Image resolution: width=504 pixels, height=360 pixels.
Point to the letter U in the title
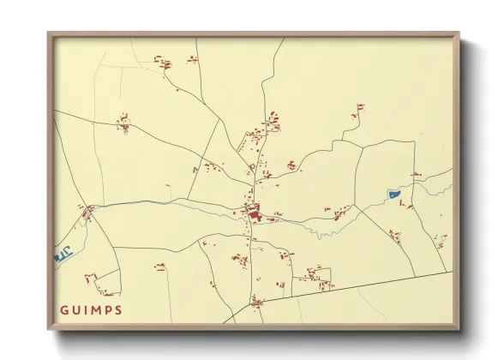(x=75, y=310)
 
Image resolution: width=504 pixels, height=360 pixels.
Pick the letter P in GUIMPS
(x=106, y=310)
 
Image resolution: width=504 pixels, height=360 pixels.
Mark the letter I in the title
(x=84, y=310)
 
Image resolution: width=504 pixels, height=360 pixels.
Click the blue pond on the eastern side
(x=395, y=195)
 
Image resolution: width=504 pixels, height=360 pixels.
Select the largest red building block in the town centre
(x=253, y=209)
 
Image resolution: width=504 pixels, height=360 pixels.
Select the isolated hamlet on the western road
(x=125, y=126)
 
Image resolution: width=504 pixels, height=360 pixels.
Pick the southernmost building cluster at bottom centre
(x=256, y=299)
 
